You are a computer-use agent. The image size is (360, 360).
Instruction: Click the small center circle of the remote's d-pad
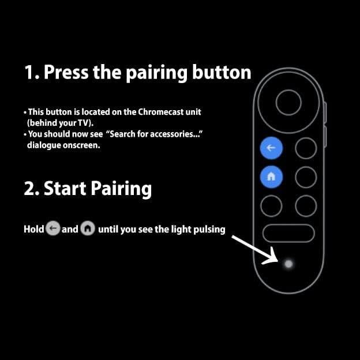(x=288, y=103)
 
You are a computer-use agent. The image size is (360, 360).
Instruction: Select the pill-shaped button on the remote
(x=288, y=233)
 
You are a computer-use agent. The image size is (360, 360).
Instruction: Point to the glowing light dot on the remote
(x=288, y=264)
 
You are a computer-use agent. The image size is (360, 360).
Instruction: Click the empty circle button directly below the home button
(x=271, y=205)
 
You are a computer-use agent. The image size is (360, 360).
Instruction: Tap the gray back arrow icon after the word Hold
(x=52, y=229)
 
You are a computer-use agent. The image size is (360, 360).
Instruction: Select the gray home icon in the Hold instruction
(x=88, y=229)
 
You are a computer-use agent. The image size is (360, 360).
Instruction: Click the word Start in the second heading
(x=64, y=189)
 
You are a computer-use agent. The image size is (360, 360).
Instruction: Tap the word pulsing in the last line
(x=209, y=229)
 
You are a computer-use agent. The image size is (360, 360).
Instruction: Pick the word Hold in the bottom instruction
(x=33, y=229)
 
